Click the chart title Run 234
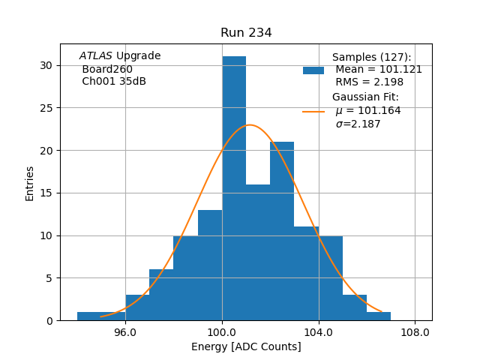click(x=246, y=33)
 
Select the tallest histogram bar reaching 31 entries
click(x=234, y=187)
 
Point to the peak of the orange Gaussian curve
click(x=250, y=125)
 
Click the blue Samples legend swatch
click(x=313, y=70)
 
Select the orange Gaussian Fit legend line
click(x=313, y=111)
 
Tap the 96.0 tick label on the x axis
click(x=124, y=332)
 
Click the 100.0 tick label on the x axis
click(x=222, y=332)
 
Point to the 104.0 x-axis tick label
click(x=319, y=332)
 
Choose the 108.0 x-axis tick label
click(x=415, y=332)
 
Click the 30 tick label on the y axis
click(x=46, y=65)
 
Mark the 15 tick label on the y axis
click(x=46, y=193)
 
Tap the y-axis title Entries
click(x=30, y=183)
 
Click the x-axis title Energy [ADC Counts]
click(x=246, y=346)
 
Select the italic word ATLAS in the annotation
click(x=95, y=56)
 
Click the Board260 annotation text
click(x=107, y=69)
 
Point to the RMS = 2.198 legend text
click(x=369, y=82)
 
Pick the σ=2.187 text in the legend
click(x=358, y=124)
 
